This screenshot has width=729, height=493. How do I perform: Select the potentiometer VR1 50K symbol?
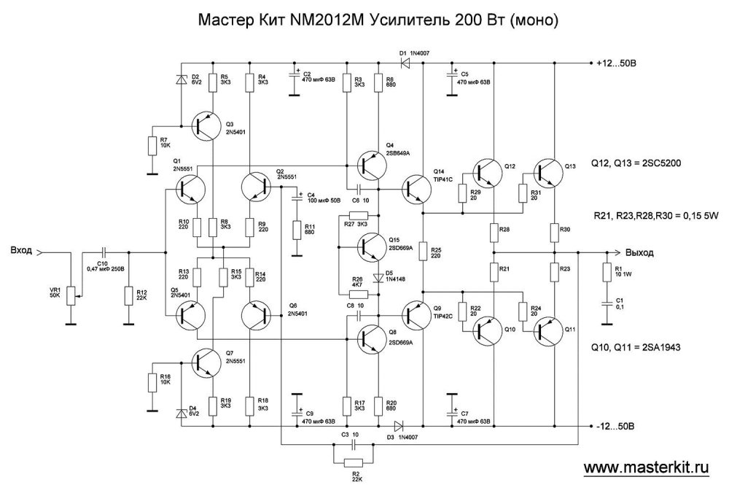pos(70,295)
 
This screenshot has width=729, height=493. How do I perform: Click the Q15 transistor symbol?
pos(373,246)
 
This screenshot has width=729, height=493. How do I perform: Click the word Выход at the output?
pos(639,252)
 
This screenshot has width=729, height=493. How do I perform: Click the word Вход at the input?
pos(21,252)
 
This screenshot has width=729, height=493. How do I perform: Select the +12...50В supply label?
pos(616,63)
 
